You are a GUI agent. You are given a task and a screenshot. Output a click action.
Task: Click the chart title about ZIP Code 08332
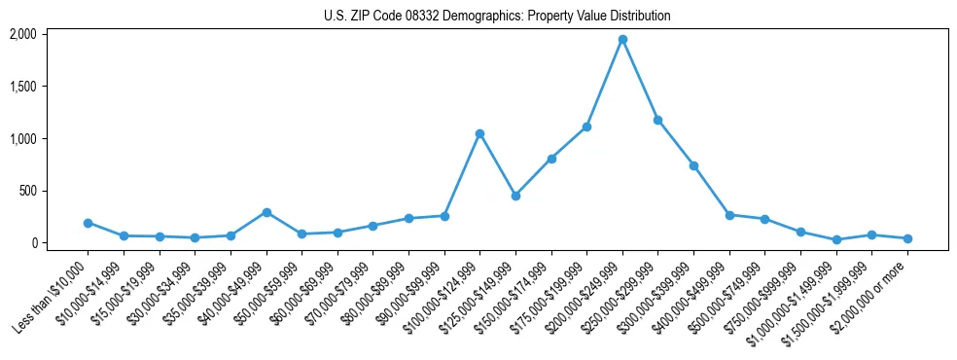click(497, 17)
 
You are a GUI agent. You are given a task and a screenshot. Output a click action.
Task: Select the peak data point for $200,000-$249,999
click(622, 40)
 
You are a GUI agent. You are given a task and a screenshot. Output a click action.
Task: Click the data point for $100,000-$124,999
click(479, 133)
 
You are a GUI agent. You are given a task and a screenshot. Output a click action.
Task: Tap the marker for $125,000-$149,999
click(515, 196)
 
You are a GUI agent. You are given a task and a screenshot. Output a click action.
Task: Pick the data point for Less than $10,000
click(88, 223)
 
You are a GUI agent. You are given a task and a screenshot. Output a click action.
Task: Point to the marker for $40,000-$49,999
click(266, 212)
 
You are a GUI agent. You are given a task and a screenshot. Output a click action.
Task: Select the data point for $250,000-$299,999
click(658, 120)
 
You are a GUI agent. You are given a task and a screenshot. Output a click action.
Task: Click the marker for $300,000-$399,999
click(693, 165)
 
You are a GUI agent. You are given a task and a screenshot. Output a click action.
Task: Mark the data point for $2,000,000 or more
click(907, 238)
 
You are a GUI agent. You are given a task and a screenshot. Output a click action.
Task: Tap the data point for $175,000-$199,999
click(586, 126)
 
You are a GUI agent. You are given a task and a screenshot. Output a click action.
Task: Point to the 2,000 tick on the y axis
click(22, 34)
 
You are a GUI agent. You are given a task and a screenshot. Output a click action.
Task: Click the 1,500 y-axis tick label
click(22, 87)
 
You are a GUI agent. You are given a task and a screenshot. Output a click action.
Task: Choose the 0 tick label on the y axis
click(33, 243)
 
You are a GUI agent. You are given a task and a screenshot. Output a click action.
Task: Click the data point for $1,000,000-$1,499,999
click(836, 239)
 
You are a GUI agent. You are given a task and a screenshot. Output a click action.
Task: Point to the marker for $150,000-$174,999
click(551, 159)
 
